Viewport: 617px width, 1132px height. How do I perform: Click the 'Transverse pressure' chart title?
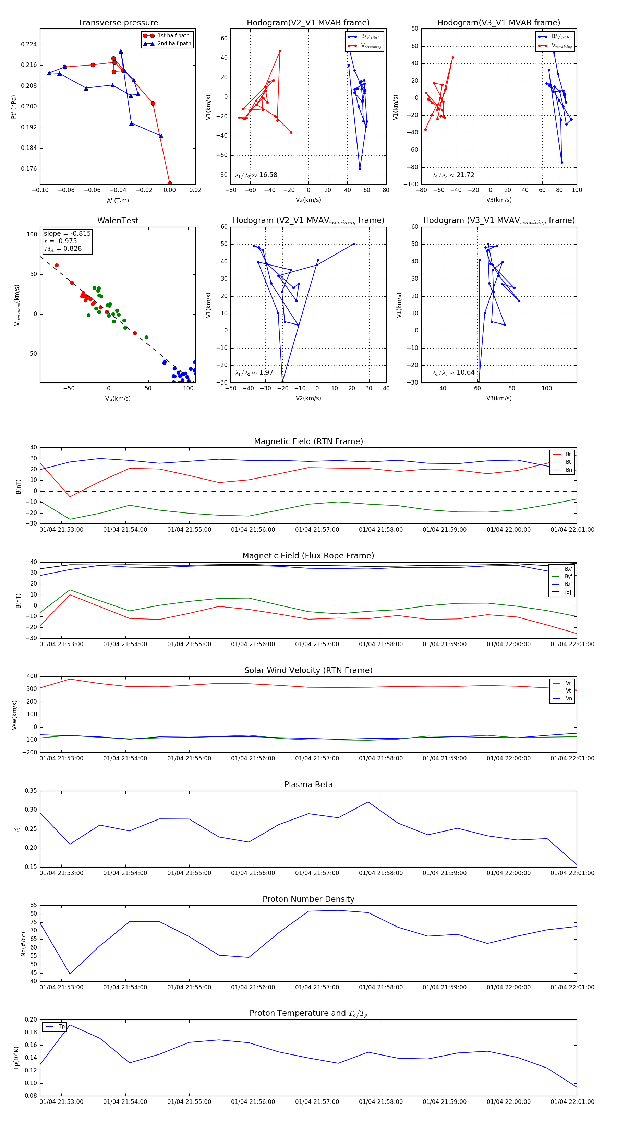(118, 23)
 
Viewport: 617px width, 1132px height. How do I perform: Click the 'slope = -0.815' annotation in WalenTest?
(67, 233)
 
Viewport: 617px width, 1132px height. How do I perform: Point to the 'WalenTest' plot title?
(118, 221)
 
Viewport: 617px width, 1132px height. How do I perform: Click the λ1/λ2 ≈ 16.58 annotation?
(256, 175)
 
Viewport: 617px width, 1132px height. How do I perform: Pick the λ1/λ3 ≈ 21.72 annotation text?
(453, 175)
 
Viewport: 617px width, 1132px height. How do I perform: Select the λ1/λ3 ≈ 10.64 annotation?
(453, 373)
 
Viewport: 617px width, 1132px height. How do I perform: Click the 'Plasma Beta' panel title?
(308, 785)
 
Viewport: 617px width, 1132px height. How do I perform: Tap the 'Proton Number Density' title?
(308, 899)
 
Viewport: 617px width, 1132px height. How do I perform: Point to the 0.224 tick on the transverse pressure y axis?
(29, 44)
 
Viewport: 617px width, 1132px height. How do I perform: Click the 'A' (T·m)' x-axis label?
(118, 201)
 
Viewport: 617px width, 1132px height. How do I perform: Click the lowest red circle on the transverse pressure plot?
(170, 184)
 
